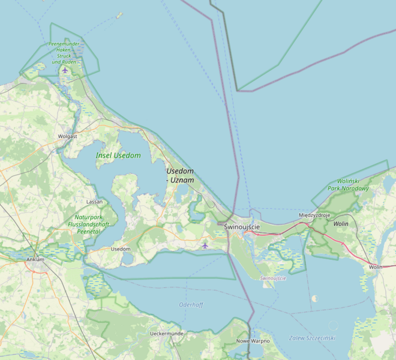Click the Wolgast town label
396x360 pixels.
click(x=67, y=136)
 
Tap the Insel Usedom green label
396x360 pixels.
click(x=118, y=156)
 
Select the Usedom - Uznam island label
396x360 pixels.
click(x=180, y=175)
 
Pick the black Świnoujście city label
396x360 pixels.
click(x=241, y=227)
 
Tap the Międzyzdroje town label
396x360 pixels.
click(x=314, y=215)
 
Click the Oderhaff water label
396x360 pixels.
click(x=191, y=305)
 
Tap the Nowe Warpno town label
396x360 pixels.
click(x=253, y=341)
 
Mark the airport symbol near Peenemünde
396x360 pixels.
click(x=65, y=70)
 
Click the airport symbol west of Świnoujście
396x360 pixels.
click(x=205, y=245)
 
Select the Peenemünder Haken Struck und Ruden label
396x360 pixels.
click(x=65, y=53)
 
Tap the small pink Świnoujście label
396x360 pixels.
click(x=273, y=278)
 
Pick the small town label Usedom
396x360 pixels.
click(x=121, y=248)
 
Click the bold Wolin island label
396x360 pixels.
click(x=341, y=224)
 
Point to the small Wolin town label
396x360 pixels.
click(x=376, y=266)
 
